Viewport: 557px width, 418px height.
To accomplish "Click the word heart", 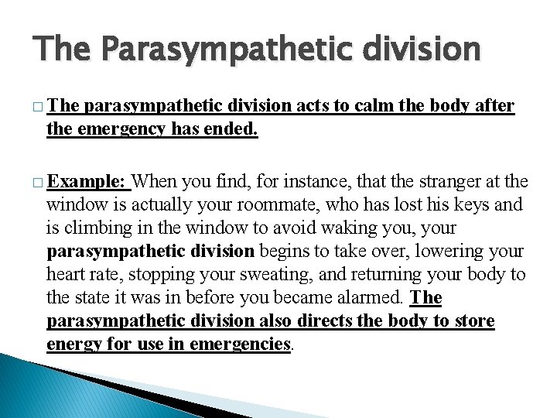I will (x=66, y=275).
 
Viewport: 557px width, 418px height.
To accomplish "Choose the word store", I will (x=473, y=321).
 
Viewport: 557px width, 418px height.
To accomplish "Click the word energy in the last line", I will (x=73, y=344).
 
